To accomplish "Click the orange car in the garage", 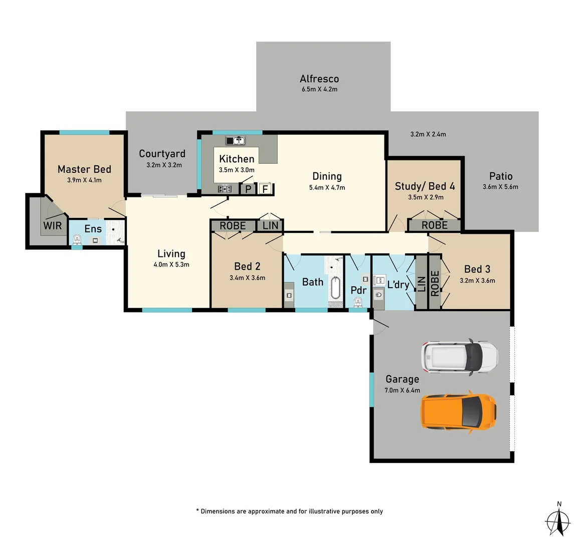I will pos(459,412).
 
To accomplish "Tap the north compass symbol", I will pos(558,521).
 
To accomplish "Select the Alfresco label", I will pos(319,79).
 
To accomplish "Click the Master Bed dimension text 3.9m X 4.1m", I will pos(84,180).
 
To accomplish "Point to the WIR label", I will pos(53,225).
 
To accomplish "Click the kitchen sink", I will pos(235,141).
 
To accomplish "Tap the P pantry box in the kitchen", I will pos(248,189).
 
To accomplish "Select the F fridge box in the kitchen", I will pos(265,189).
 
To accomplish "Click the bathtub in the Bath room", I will pos(335,288).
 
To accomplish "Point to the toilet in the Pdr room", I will pos(358,302).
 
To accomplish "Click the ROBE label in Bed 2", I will pos(233,225).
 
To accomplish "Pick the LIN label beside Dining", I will pos(270,225).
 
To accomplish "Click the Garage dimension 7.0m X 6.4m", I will pos(402,390).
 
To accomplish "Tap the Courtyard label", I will pos(162,154).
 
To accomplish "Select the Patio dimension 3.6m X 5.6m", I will pos(500,187).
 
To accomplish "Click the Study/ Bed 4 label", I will pos(425,186).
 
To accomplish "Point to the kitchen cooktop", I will pos(225,189).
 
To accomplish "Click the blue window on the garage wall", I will pos(371,389).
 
